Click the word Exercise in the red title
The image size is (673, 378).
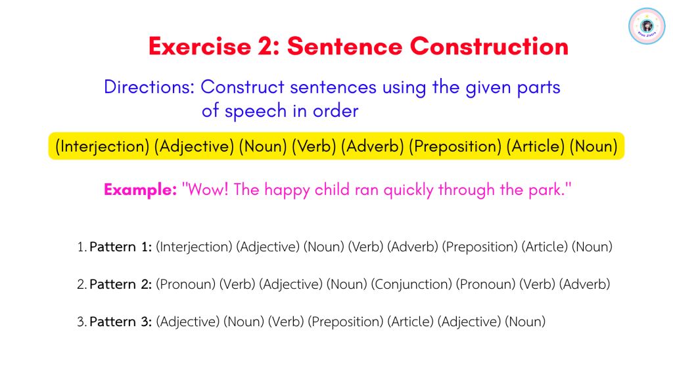tap(200, 47)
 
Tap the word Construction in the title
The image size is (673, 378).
tap(489, 47)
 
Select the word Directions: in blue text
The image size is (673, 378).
tap(149, 87)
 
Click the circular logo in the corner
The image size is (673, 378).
tap(647, 26)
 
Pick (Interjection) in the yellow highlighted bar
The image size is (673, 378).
tap(102, 146)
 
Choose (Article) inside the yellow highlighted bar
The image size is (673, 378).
tap(535, 146)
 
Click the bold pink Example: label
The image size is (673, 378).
tap(140, 190)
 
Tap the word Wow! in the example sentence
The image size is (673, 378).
tap(206, 190)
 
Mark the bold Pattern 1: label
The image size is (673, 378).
tap(121, 247)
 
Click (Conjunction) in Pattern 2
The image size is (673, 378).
tap(411, 284)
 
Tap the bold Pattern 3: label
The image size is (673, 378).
tap(121, 322)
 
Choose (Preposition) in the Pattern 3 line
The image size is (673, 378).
tap(345, 322)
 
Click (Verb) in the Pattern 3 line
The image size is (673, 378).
tap(286, 322)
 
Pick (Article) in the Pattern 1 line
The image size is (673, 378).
tap(545, 247)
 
